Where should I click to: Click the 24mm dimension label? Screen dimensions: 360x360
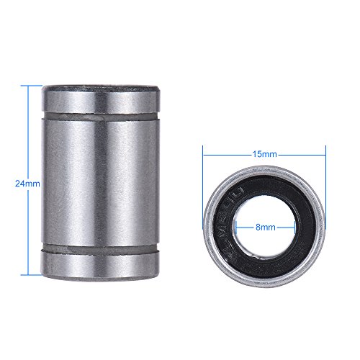click(27, 183)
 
